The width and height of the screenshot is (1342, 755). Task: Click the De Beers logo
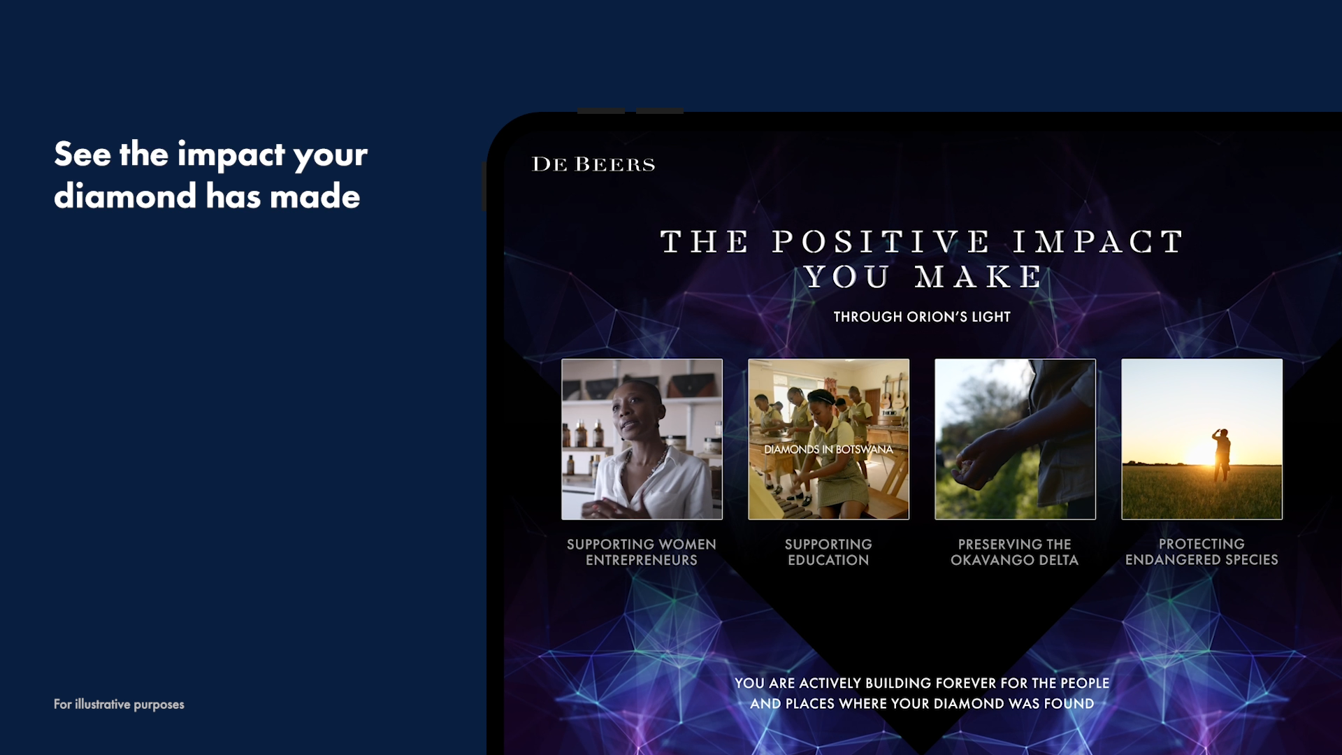point(593,164)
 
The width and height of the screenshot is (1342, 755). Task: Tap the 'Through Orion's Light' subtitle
point(922,317)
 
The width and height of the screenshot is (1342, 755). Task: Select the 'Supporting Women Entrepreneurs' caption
point(642,552)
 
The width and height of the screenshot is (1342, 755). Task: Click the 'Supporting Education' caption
point(828,552)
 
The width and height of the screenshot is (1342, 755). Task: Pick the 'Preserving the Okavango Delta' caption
point(1014,552)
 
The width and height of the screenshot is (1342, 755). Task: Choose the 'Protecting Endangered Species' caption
point(1202,552)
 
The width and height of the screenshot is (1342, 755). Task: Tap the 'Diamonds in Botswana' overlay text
point(828,450)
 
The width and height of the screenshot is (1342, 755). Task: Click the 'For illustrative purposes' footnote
point(119,704)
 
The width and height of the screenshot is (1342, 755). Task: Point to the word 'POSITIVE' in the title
point(881,242)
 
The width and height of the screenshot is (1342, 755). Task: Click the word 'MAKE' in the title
point(980,278)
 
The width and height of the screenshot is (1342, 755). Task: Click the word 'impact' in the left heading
point(231,155)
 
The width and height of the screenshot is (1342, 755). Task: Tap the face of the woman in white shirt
point(629,417)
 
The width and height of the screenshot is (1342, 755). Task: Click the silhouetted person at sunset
point(1222,454)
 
